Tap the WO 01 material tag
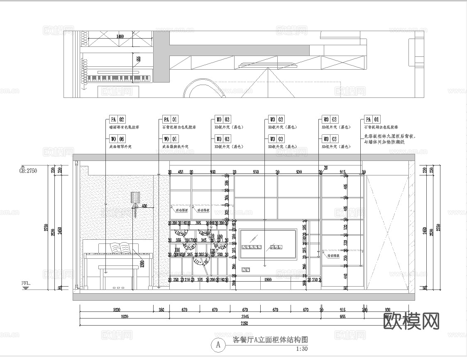point(171,139)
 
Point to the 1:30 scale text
point(302,349)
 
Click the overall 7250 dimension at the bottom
point(245,323)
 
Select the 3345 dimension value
point(245,316)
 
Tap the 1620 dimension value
point(116,310)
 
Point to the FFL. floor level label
point(26,283)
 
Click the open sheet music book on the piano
point(121,248)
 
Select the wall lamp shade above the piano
point(135,197)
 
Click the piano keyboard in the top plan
point(118,78)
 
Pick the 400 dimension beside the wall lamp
point(144,206)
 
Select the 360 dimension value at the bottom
point(161,310)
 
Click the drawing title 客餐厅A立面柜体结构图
point(270,340)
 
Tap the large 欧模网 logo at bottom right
point(411,321)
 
